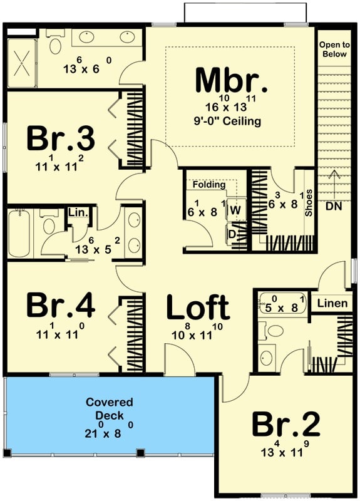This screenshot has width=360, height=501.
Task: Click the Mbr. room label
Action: point(232,80)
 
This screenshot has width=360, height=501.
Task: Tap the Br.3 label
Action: point(60,140)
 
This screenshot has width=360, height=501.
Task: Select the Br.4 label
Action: point(60,306)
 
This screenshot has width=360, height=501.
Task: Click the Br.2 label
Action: point(286,425)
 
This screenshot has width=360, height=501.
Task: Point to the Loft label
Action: point(197,307)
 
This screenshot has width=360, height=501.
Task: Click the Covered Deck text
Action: point(110,408)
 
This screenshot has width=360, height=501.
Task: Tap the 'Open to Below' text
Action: point(333,49)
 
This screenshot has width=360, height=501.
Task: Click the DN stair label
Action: point(333,206)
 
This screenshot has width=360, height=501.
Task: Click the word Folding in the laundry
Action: point(208,185)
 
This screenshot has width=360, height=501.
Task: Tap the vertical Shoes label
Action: point(308,203)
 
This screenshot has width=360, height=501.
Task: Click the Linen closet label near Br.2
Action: point(332,304)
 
